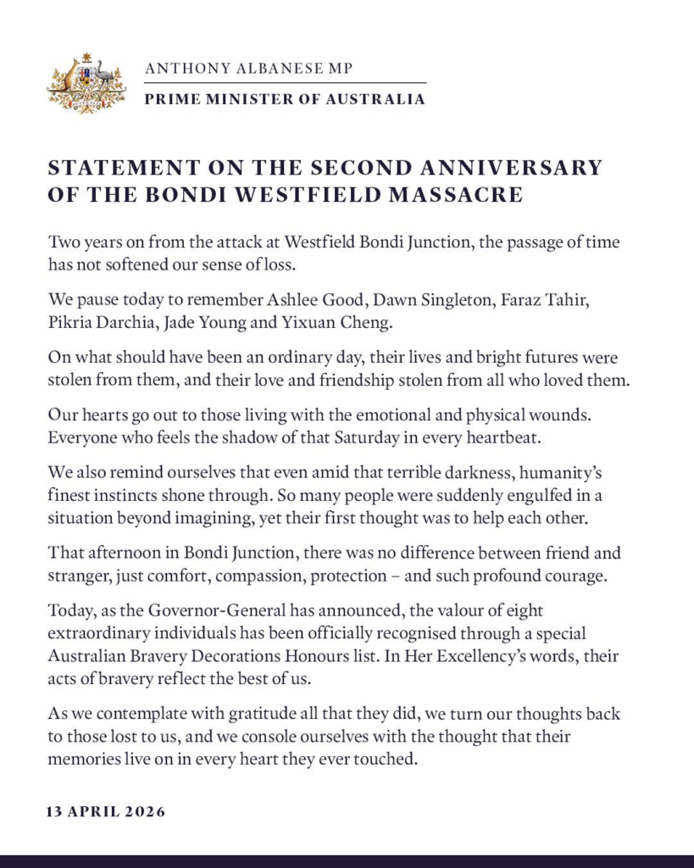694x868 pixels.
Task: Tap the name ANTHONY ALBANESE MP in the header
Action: point(248,68)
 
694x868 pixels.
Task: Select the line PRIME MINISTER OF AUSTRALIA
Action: point(285,99)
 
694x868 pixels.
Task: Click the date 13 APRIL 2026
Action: point(106,811)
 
